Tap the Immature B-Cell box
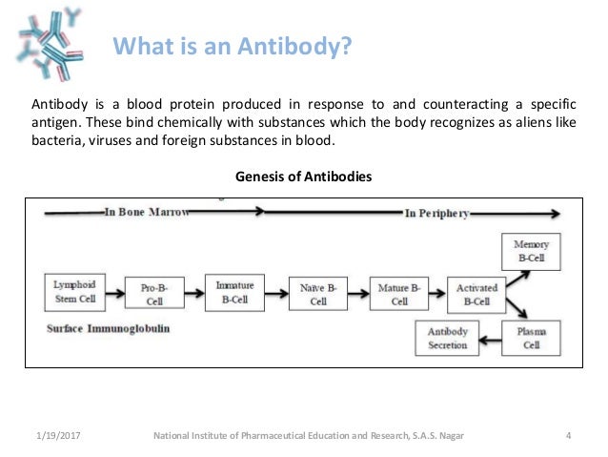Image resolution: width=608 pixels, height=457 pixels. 233,291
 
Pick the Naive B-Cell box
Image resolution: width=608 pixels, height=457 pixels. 317,295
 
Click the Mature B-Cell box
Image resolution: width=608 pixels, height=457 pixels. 396,295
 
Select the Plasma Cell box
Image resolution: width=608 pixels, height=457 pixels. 530,338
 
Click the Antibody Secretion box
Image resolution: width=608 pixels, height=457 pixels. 448,338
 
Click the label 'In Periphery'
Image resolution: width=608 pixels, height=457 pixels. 436,214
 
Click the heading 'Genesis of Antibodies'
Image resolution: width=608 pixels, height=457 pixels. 303,177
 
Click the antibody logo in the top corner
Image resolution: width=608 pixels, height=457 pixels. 50,35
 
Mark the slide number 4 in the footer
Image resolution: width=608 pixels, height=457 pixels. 568,437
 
